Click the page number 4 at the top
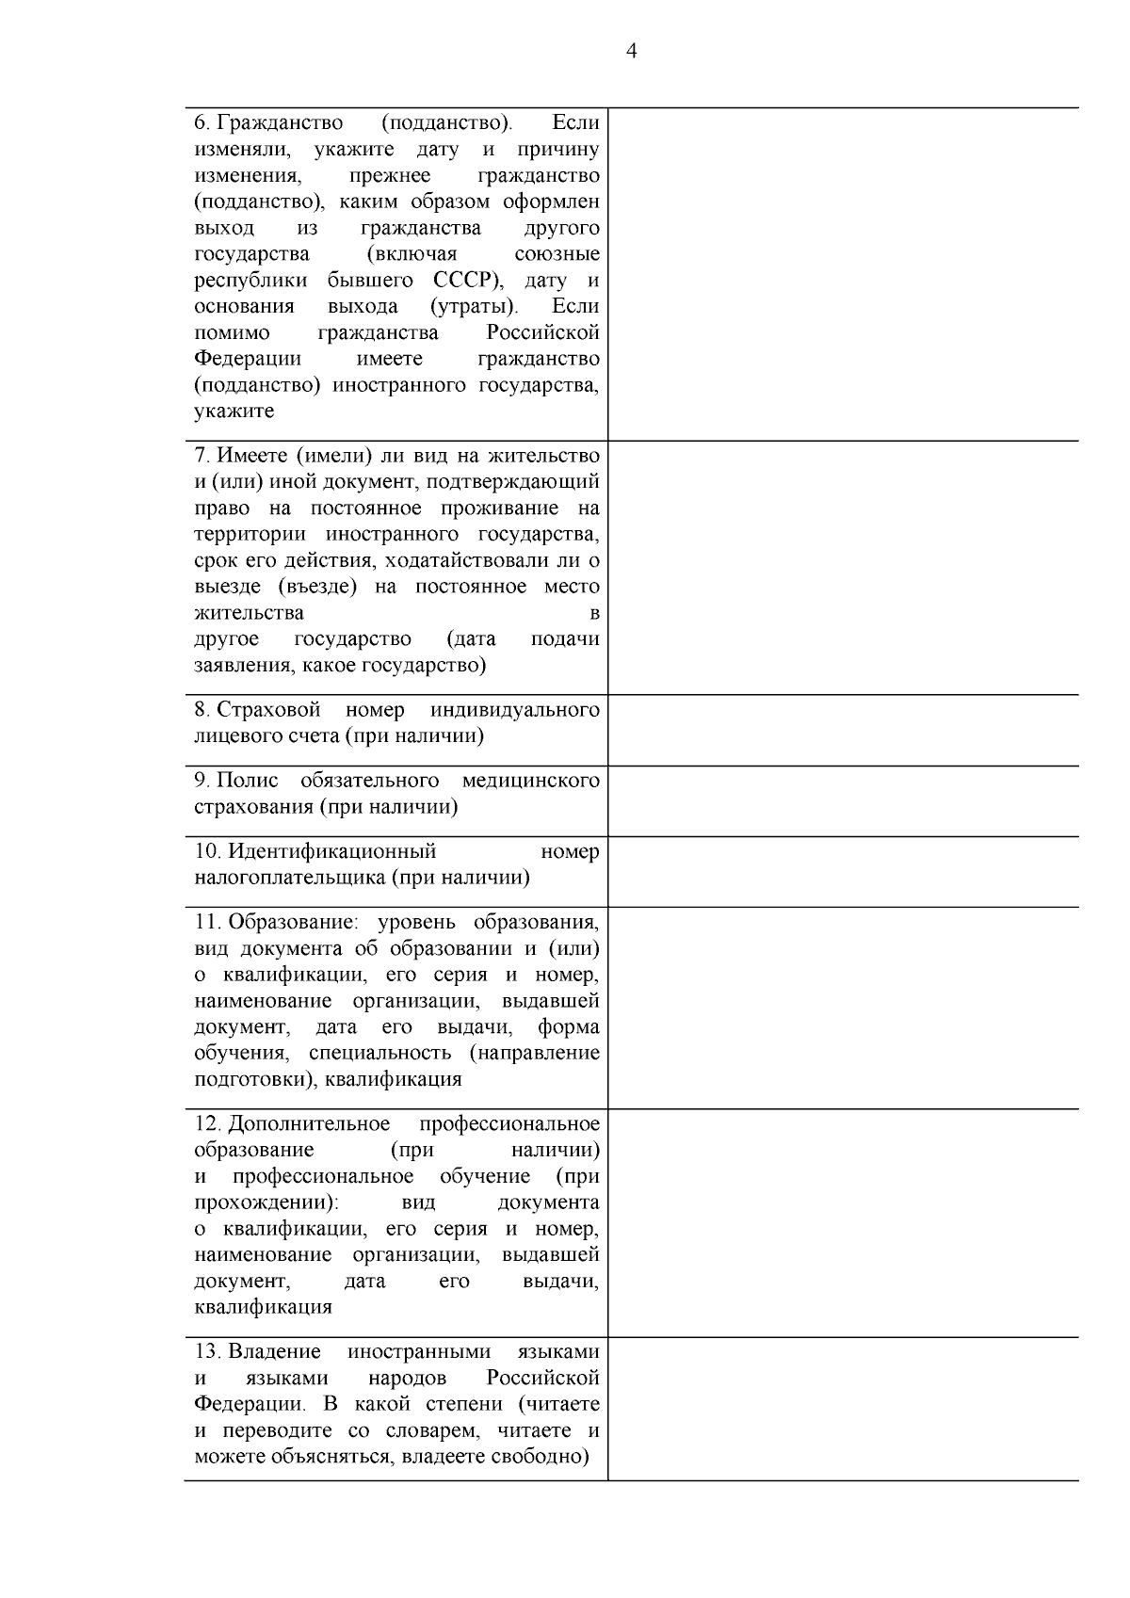coord(631,52)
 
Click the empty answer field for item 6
coord(843,273)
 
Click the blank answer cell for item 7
coord(843,568)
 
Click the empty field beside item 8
coord(843,730)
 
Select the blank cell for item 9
coord(843,800)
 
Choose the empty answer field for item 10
coord(843,871)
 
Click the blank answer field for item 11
coord(843,1008)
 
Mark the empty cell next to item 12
coord(843,1222)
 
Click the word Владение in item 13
coord(274,1352)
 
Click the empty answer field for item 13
coord(843,1408)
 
